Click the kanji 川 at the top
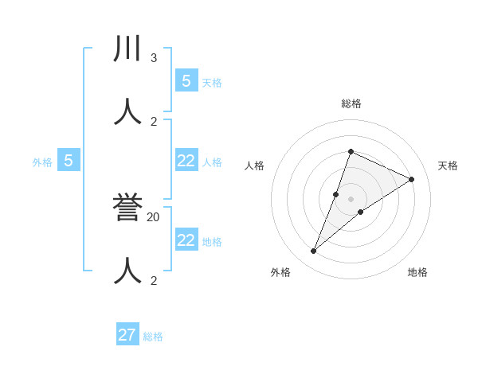[127, 49]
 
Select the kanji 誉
[127, 208]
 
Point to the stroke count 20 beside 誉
[154, 216]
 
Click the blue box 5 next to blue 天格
[186, 80]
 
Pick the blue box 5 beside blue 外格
[69, 161]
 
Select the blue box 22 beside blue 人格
[186, 161]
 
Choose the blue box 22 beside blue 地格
[186, 240]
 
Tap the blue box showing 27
[127, 334]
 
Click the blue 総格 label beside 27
[153, 337]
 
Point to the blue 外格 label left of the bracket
[42, 162]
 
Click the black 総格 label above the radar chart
[351, 103]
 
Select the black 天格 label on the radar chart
[448, 166]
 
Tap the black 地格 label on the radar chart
[417, 272]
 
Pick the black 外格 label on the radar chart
[280, 272]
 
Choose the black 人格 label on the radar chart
[254, 166]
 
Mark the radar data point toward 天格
[412, 180]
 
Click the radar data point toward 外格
[314, 251]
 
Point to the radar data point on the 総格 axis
[351, 151]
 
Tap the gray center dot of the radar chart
[351, 199]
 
